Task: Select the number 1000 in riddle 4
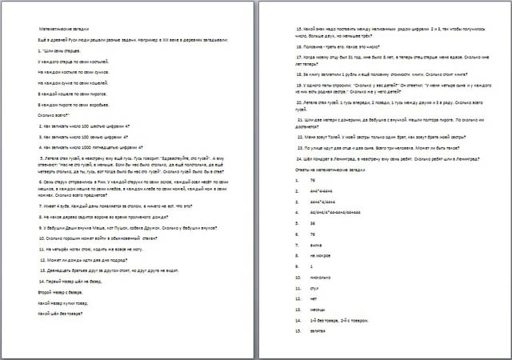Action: point(86,147)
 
